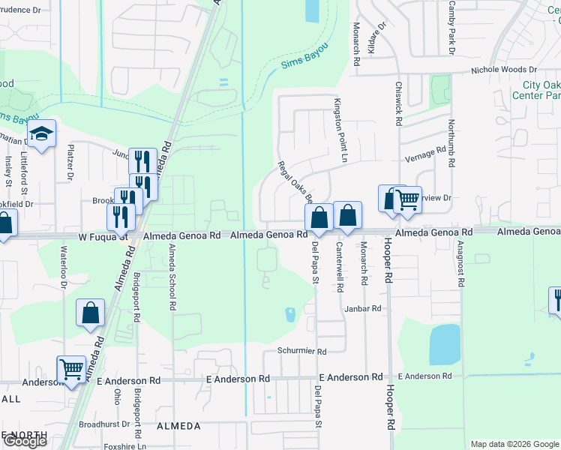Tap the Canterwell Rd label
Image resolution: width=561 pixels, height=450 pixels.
[x=340, y=267]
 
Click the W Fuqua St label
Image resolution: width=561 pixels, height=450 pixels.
[x=102, y=235]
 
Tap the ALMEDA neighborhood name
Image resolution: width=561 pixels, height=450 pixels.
[x=178, y=426]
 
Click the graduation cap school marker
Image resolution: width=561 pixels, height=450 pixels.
[x=42, y=134]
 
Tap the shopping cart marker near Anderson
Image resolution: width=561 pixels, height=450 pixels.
[x=71, y=368]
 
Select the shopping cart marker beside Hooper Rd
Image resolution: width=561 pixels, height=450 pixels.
[x=407, y=199]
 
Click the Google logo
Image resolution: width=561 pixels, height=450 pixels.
[x=24, y=441]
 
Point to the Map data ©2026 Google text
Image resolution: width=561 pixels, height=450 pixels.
[x=514, y=444]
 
